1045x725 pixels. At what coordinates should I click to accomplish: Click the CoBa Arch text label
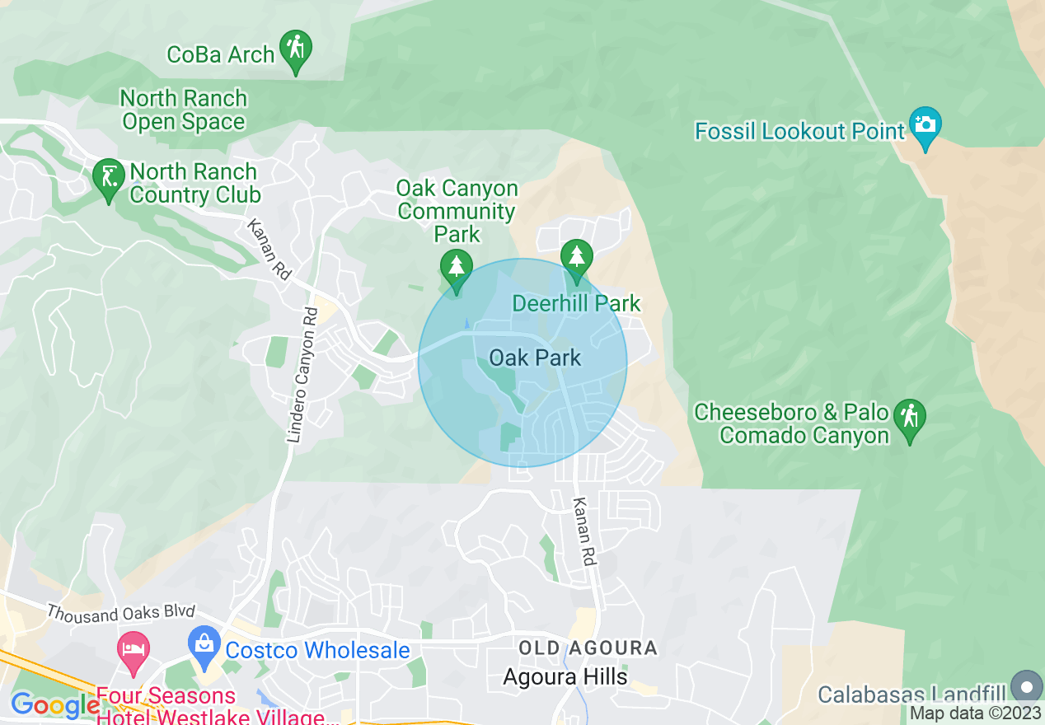pyautogui.click(x=220, y=54)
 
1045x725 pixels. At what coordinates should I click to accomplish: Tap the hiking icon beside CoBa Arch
pyautogui.click(x=295, y=49)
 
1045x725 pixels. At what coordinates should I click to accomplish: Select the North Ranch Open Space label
pyautogui.click(x=183, y=110)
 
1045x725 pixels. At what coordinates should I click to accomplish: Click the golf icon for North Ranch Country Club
pyautogui.click(x=109, y=178)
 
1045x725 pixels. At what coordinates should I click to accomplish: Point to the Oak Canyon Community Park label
pyautogui.click(x=457, y=211)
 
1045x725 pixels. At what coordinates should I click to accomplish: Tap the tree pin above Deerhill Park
pyautogui.click(x=577, y=258)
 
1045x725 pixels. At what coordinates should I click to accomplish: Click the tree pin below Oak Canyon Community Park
pyautogui.click(x=456, y=269)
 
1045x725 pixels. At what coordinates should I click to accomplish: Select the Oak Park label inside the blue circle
pyautogui.click(x=535, y=358)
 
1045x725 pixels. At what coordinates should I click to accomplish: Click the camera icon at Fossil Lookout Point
pyautogui.click(x=926, y=125)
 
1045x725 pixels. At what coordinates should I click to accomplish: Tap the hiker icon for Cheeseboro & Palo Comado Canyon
pyautogui.click(x=910, y=418)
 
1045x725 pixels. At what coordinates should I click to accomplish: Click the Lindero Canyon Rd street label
pyautogui.click(x=302, y=374)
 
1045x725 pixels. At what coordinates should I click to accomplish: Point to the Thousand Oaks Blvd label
pyautogui.click(x=121, y=612)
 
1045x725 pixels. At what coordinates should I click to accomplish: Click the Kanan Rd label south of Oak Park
pyautogui.click(x=583, y=531)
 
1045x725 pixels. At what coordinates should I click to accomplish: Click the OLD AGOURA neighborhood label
pyautogui.click(x=588, y=648)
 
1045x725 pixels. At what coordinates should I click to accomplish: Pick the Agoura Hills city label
pyautogui.click(x=565, y=677)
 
